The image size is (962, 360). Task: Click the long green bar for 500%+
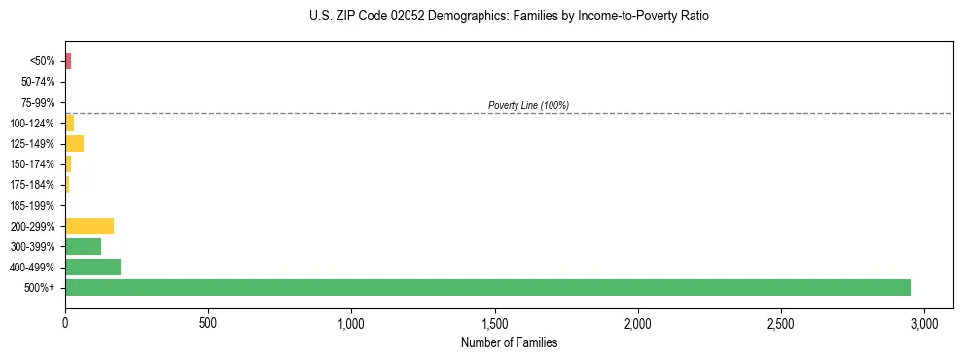(x=486, y=287)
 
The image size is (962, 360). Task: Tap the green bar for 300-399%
(x=83, y=246)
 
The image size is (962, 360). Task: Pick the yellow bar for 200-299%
(x=89, y=226)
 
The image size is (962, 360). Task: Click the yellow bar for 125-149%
(x=74, y=144)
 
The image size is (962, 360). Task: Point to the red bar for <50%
(x=68, y=61)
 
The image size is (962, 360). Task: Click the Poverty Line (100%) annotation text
(x=528, y=105)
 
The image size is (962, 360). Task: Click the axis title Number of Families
(x=509, y=342)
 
